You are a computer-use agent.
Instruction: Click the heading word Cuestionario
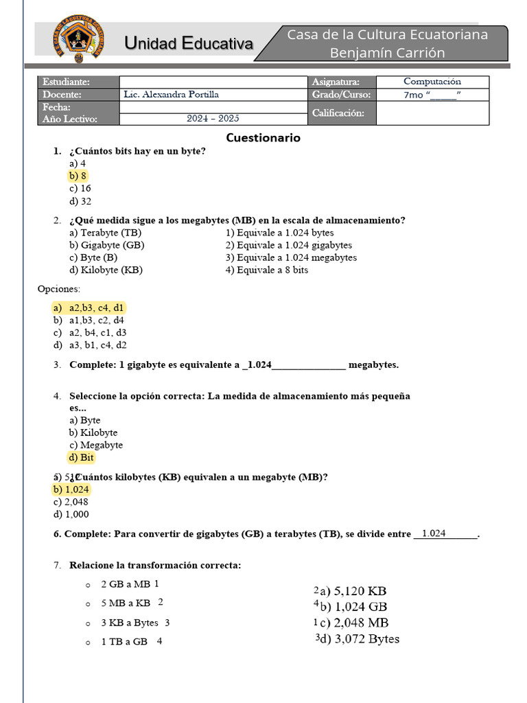263,137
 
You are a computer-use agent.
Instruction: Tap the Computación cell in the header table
432,82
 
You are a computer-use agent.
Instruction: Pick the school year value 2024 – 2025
213,119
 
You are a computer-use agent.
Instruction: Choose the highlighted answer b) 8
78,176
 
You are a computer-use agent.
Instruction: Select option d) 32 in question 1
80,201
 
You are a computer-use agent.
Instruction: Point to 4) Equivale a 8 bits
267,270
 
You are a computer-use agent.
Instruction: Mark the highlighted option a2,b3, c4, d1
96,308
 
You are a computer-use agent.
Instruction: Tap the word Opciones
59,289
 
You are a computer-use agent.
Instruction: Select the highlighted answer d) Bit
81,457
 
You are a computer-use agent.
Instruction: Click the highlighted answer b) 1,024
71,489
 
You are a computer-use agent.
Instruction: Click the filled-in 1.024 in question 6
434,533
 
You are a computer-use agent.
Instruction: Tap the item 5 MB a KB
126,603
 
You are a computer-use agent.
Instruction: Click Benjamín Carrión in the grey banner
387,53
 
